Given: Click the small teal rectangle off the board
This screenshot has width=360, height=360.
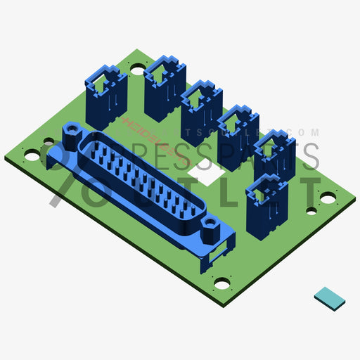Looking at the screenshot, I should click(x=330, y=298).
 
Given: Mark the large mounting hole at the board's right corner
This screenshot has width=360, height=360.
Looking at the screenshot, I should click(x=328, y=199).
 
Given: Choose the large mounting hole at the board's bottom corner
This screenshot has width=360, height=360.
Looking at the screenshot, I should click(x=221, y=284).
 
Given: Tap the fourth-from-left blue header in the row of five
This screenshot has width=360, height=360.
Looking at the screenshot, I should click(x=238, y=134).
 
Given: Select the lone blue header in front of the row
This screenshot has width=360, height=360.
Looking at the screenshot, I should click(x=268, y=207).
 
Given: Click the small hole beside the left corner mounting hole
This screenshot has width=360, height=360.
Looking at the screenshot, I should click(x=49, y=141).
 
